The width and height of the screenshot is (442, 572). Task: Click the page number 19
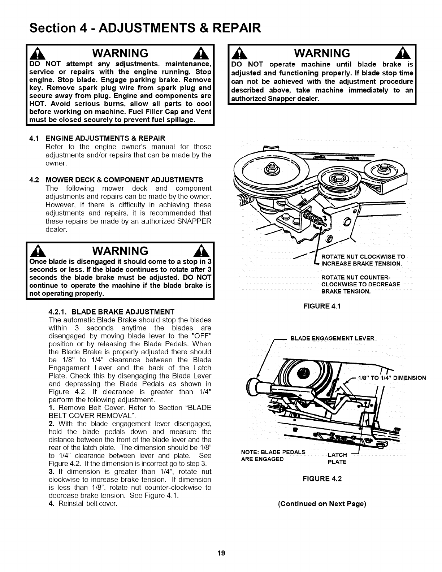(221, 553)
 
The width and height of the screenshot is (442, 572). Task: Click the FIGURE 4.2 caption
(322, 479)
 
